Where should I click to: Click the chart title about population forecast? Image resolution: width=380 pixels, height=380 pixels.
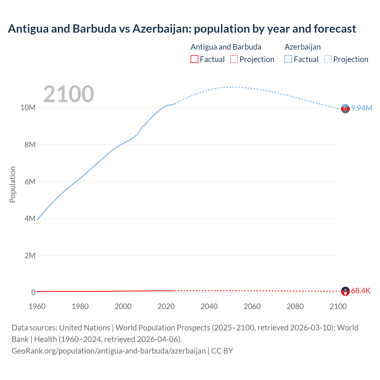click(x=182, y=29)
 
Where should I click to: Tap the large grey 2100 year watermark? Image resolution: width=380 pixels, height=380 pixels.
click(x=69, y=94)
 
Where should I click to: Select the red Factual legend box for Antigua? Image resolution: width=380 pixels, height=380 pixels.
click(x=194, y=59)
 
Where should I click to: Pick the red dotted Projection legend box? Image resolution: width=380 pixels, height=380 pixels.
click(x=234, y=59)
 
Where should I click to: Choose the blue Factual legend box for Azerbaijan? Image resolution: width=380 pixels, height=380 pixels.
click(x=288, y=59)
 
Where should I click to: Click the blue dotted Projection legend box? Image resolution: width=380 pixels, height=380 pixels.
click(x=328, y=59)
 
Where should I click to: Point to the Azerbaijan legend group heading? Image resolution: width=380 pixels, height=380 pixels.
click(x=303, y=47)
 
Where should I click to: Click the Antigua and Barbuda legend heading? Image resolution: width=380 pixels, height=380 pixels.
click(x=226, y=47)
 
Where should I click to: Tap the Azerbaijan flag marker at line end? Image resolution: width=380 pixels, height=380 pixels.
click(x=345, y=109)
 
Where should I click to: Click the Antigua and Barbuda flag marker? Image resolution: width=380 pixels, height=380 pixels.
click(x=345, y=291)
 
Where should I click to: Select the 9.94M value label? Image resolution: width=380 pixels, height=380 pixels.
click(x=362, y=108)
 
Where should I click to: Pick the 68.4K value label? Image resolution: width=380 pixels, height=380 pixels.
click(x=361, y=291)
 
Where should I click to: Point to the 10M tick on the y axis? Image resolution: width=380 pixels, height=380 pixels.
click(x=28, y=107)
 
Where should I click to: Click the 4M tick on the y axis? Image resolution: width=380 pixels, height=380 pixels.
click(x=30, y=218)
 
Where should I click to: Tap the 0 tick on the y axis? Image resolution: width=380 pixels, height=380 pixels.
click(x=33, y=292)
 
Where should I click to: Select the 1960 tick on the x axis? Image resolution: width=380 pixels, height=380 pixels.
click(x=37, y=306)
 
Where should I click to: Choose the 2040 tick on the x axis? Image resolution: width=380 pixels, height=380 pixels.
click(x=209, y=306)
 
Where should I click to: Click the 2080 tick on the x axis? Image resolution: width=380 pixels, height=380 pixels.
click(x=295, y=306)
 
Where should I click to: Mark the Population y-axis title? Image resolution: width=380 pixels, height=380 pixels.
click(x=12, y=184)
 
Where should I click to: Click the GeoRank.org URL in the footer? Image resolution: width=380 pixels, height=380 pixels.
click(x=109, y=351)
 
